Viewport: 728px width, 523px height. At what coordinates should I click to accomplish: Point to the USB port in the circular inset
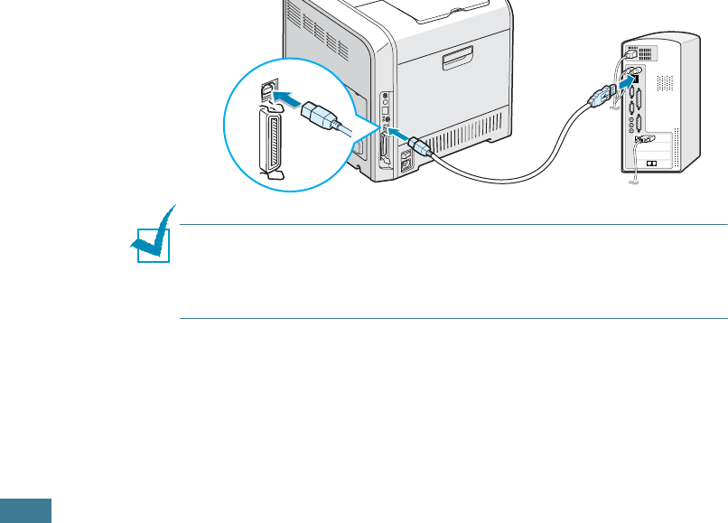pos(267,91)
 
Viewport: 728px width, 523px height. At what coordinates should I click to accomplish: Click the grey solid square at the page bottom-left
pos(25,509)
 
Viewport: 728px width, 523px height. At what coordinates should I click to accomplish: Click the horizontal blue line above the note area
pos(453,225)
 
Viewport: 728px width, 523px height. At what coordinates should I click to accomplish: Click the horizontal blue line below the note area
pos(453,318)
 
